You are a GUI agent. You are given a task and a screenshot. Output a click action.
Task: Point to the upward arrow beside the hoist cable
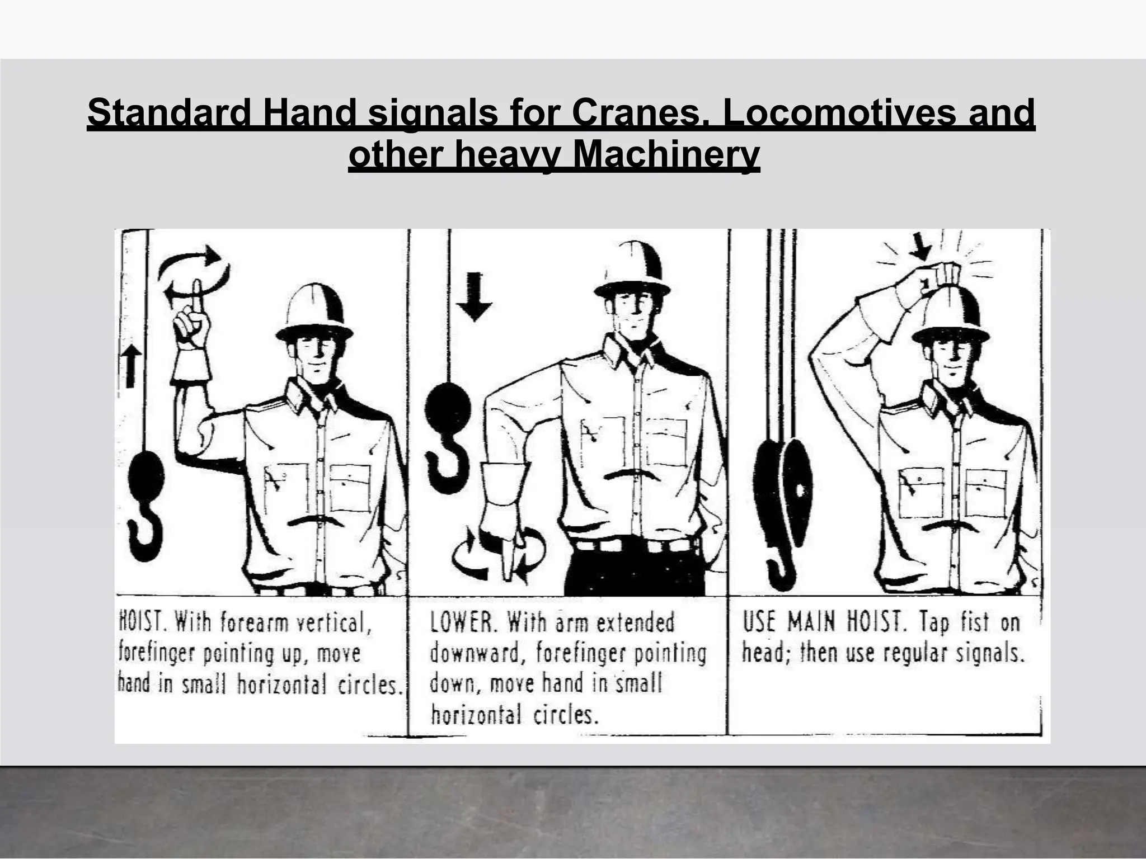point(131,365)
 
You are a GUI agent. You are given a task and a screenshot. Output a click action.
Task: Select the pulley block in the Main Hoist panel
point(783,492)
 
